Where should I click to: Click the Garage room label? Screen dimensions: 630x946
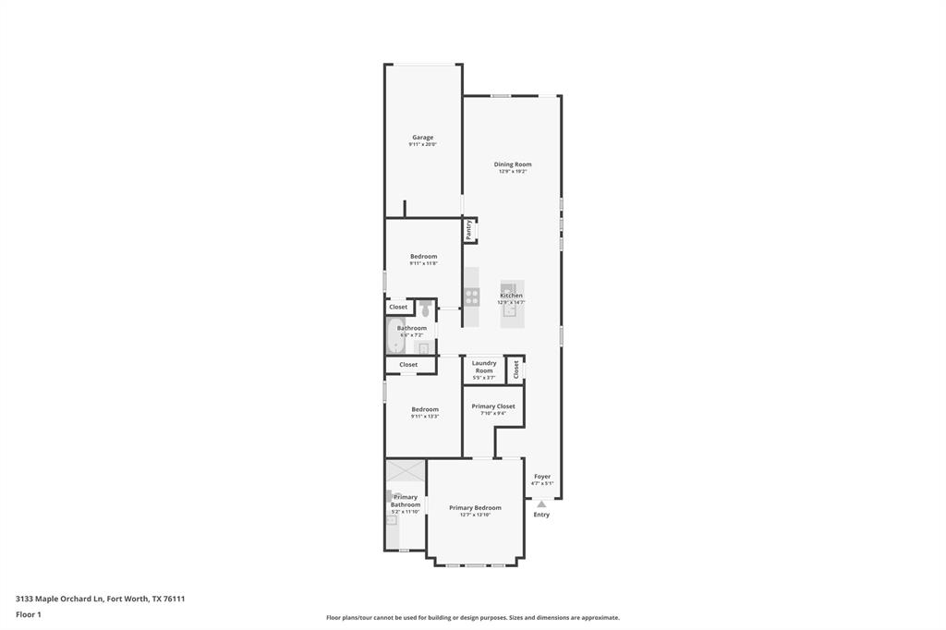coord(422,138)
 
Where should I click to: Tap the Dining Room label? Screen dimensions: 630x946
coord(513,164)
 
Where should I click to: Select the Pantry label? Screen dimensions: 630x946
coord(469,229)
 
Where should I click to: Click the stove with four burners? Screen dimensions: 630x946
coord(472,297)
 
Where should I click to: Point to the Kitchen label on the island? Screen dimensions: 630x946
coord(511,296)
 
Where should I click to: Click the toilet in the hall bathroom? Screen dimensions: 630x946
coord(425,309)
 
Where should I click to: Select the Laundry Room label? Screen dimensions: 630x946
coord(484,367)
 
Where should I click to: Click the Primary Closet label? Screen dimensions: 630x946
coord(493,406)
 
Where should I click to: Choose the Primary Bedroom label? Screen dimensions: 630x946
coord(475,507)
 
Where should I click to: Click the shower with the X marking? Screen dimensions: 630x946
coord(406,470)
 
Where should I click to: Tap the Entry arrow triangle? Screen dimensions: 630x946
coord(541,503)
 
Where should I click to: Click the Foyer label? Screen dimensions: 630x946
coord(542,477)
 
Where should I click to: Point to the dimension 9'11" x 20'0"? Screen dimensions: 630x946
coord(422,145)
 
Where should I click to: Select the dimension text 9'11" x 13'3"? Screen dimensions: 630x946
coord(425,417)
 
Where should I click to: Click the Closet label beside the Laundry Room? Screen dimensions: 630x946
coord(515,369)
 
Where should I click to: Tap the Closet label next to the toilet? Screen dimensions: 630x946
coord(398,307)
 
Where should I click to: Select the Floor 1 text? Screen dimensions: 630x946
coord(29,614)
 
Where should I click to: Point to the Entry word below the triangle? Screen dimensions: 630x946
coord(541,515)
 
